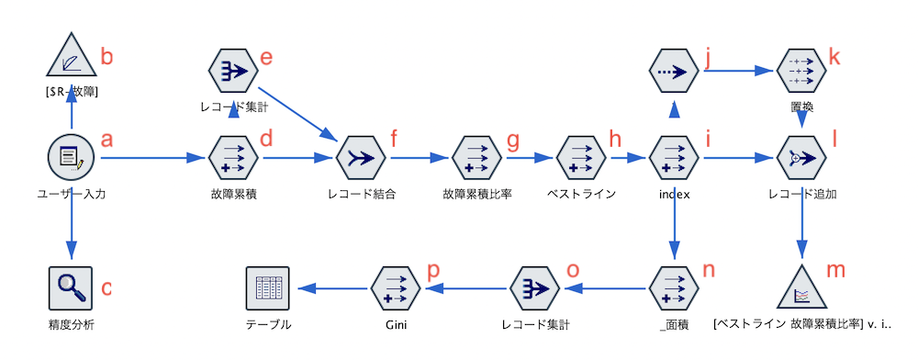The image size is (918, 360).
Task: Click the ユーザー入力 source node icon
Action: coord(71,158)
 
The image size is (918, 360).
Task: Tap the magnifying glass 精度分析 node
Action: coord(71,288)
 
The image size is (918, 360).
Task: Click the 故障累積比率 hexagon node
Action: coord(476,158)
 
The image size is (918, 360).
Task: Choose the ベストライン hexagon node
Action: coord(580,158)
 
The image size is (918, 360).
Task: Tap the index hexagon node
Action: coord(675,158)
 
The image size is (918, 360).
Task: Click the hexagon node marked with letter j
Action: coord(675,71)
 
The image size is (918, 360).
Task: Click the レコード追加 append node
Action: coord(802,158)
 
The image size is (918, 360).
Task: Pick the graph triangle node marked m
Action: coord(802,288)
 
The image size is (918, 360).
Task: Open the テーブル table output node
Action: coord(268,288)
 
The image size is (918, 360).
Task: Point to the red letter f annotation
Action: coord(395,140)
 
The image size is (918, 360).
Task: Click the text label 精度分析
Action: coord(71,324)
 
